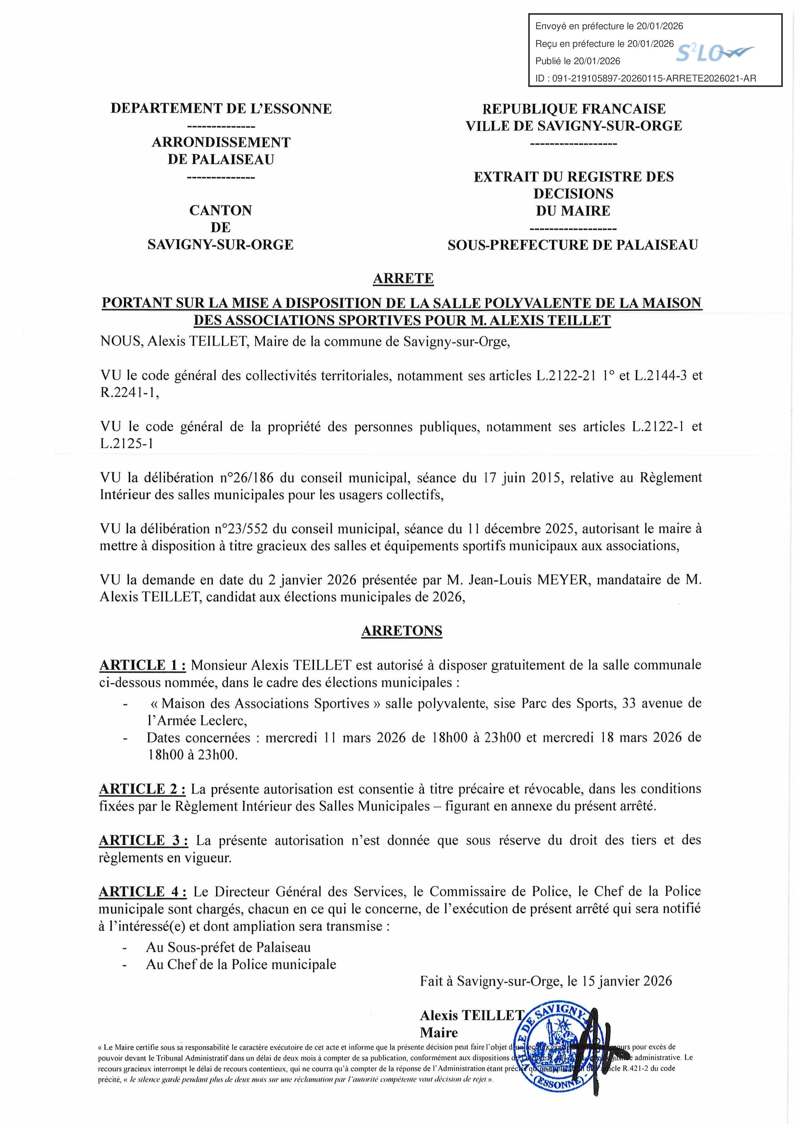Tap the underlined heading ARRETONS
click(x=402, y=631)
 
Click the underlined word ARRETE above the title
click(x=403, y=279)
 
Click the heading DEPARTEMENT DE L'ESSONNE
click(x=221, y=108)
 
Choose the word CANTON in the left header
click(x=221, y=210)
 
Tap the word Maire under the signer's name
click(x=439, y=1032)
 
